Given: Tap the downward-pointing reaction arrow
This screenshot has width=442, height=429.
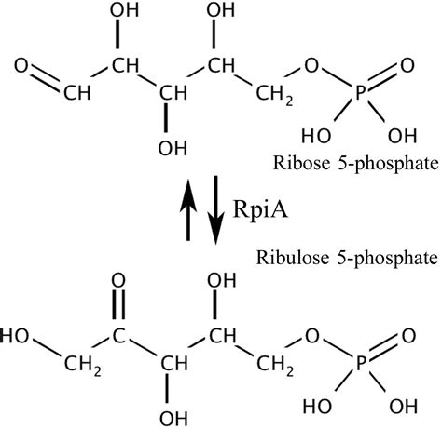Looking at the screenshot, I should [216, 210].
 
